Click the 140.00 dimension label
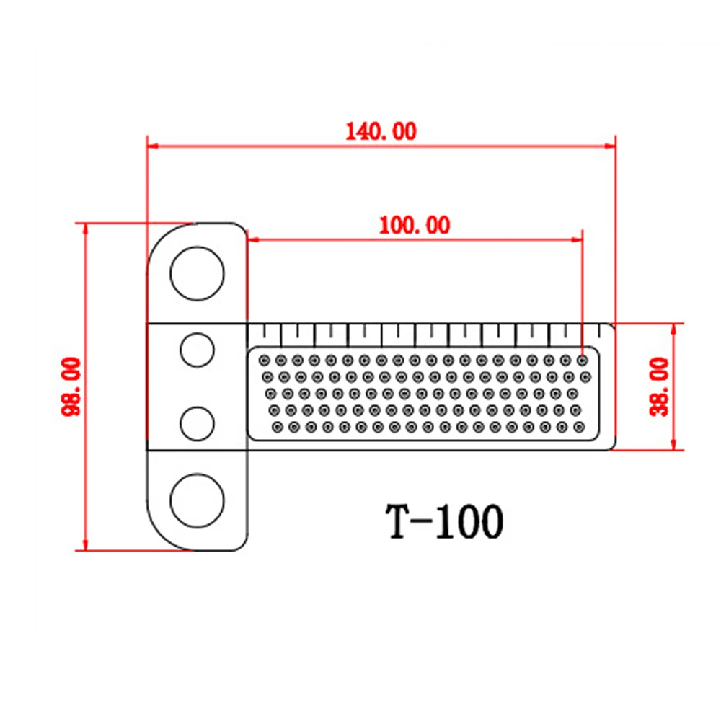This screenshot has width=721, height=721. click(381, 131)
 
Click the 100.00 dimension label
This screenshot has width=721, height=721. click(415, 225)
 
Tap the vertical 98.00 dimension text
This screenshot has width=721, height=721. click(71, 386)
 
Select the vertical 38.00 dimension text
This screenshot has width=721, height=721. click(659, 387)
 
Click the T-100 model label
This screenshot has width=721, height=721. click(444, 521)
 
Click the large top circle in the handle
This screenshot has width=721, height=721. click(198, 273)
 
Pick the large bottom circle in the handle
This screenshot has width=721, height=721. click(198, 501)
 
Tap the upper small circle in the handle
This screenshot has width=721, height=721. click(198, 350)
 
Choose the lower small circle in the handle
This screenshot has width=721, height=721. click(198, 423)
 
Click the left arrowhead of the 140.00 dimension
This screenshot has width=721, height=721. click(153, 146)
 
